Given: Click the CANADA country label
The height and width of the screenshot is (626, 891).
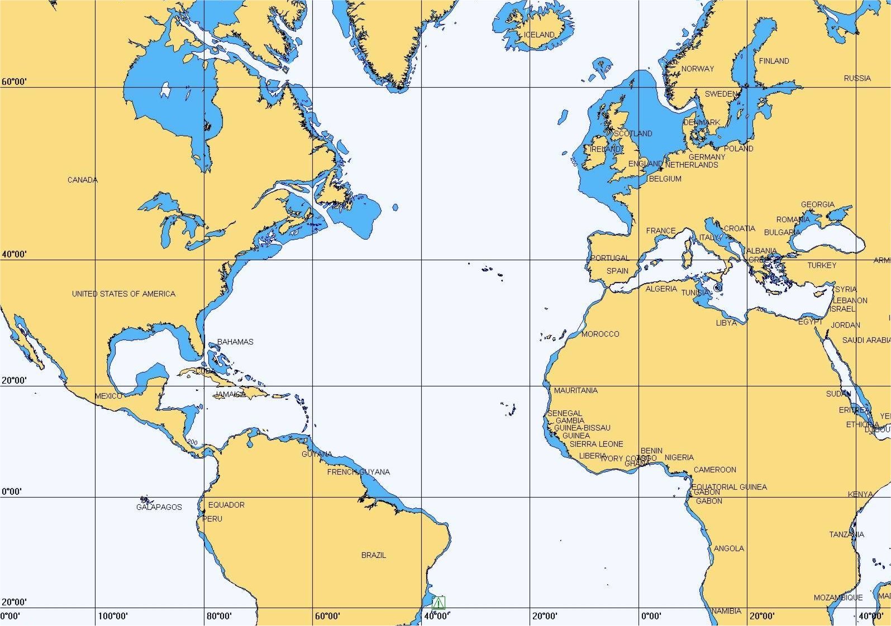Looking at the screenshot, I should pos(83,180).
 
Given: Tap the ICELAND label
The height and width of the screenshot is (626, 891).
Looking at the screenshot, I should pos(539,35).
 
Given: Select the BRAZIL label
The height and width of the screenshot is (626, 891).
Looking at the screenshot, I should pos(374,555).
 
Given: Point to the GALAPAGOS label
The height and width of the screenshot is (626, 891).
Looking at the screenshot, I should pos(159,507).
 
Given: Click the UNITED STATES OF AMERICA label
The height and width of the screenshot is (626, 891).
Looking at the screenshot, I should pos(123,294).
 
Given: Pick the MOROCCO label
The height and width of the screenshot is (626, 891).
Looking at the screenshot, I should pos(600,334).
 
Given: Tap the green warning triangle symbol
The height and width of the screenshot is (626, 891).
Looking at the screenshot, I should pos(439,603).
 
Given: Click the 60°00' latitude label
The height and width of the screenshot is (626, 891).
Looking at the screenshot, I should pos(14,82).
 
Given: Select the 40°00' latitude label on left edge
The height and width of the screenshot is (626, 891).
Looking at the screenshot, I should pos(14,255).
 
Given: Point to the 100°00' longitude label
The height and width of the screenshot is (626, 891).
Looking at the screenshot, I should pos(113,616).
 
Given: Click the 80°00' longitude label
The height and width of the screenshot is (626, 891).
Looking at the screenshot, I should pos(219,616).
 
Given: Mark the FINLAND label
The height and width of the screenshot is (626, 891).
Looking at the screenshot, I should pos(774,61).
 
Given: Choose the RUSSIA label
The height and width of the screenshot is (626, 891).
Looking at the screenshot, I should pos(857,78).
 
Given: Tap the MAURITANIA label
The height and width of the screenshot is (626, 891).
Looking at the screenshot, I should pos(575,390).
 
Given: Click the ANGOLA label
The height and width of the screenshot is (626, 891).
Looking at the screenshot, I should pos(729,548).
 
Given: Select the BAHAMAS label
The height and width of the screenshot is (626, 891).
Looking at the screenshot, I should pos(235,342).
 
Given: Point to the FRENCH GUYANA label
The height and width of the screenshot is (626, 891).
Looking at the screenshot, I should pos(359,472).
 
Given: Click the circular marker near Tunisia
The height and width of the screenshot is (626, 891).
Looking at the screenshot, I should pos(718,288).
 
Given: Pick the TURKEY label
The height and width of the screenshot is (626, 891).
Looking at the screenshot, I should pos(822,265).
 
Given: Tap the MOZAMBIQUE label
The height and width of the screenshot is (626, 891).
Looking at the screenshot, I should pos(838,598).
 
